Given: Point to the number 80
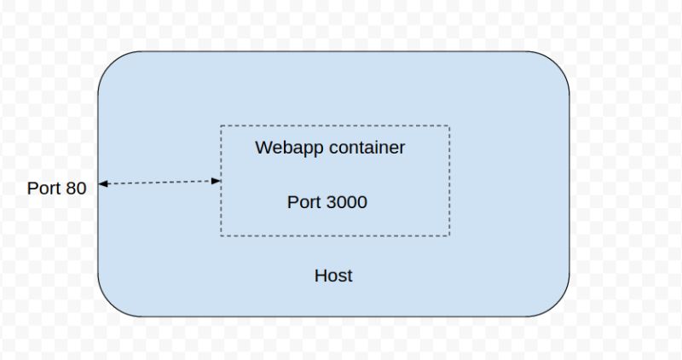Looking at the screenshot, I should coord(76,189).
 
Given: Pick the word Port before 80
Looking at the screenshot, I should coord(44,189).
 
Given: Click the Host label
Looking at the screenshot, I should coord(333,276).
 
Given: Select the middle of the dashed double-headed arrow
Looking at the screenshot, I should coord(159,182).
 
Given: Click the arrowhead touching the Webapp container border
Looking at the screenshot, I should coord(217,181).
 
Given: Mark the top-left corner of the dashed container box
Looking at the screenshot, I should coord(221,126).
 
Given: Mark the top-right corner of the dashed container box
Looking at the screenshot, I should coord(449,126).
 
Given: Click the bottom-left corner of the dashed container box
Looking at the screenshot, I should coord(221,235).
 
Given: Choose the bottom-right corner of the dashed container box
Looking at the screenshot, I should coord(449,235).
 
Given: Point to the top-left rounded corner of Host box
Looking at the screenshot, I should coord(111,64).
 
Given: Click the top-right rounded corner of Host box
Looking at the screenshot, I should coord(557,64).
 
